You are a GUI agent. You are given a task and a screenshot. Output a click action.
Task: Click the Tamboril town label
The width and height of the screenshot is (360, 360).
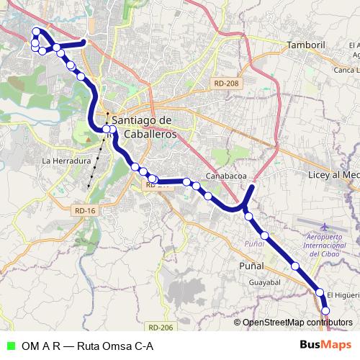[307, 45]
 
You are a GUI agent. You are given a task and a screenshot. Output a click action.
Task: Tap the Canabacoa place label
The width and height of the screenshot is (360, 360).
[226, 175]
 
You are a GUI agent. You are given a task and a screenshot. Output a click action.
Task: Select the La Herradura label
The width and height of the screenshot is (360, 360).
[66, 161]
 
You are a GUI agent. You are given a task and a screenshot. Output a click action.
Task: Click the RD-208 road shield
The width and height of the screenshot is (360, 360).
[225, 84]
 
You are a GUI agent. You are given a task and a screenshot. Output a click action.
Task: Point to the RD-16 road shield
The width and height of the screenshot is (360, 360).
[85, 210]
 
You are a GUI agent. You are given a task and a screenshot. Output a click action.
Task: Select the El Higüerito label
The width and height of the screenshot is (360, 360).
[343, 294]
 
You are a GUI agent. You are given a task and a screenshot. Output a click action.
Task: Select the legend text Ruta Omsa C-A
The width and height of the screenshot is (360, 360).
[114, 346]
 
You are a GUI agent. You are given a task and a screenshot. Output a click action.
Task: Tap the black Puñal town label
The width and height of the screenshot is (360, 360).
[252, 266]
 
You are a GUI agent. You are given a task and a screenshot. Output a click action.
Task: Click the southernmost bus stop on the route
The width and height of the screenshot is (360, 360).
[325, 310]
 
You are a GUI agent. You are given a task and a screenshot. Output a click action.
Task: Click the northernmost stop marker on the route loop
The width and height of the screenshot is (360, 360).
[37, 31]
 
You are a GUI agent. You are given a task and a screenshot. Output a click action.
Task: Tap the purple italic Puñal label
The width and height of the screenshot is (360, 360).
[253, 244]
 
